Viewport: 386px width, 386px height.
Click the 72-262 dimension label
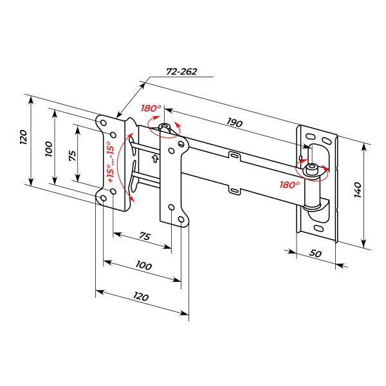[181, 72]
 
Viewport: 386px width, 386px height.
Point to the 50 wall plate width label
[315, 253]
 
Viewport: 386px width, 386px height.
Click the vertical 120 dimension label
[23, 138]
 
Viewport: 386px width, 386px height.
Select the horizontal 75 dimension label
[145, 236]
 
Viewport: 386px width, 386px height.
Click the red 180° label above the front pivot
[151, 109]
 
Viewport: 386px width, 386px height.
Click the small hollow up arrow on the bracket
[154, 156]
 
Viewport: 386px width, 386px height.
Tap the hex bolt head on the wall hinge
[311, 169]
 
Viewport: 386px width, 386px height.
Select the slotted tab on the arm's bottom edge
[235, 189]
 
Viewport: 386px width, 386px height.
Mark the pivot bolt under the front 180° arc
[165, 127]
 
